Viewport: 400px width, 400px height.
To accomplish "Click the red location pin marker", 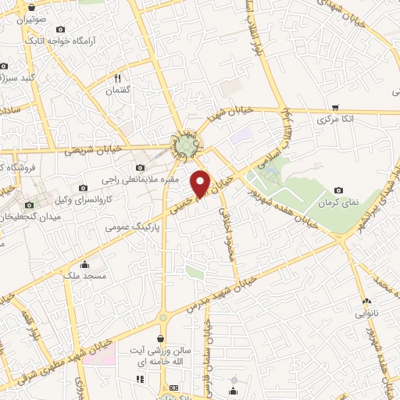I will click(x=201, y=182).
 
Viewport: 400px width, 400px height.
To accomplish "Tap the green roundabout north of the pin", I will click(x=186, y=145).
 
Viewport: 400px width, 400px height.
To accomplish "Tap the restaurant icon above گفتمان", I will click(x=118, y=78).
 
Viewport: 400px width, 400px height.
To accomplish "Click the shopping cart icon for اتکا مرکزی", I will click(x=336, y=107).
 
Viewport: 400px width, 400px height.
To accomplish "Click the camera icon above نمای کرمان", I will click(x=338, y=190).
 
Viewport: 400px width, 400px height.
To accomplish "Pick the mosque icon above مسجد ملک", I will click(x=84, y=264).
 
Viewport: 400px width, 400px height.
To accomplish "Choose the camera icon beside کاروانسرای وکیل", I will click(x=83, y=188).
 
